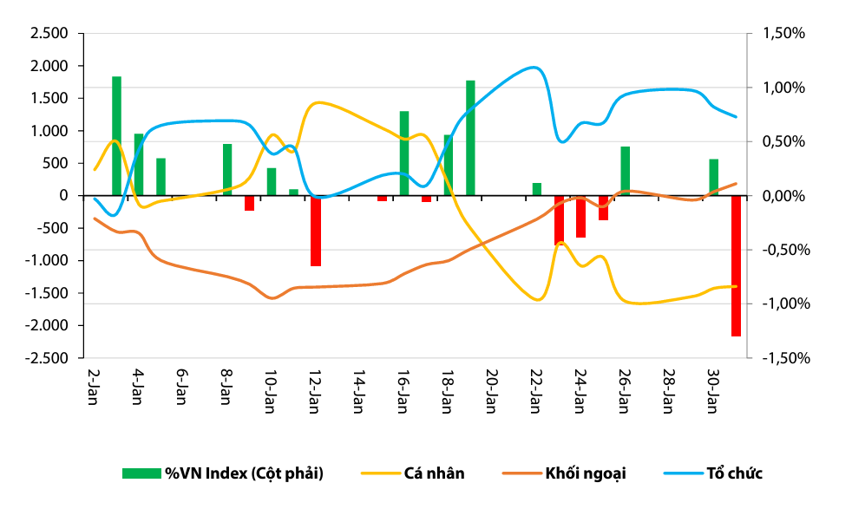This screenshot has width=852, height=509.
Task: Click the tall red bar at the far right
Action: click(736, 265)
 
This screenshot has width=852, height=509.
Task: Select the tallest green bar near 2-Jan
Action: click(116, 136)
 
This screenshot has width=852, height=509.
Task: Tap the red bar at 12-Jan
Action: click(316, 231)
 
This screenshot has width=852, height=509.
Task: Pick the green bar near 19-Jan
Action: click(470, 138)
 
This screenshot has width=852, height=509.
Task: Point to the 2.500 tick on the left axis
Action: click(49, 34)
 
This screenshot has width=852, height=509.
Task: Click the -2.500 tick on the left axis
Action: click(47, 358)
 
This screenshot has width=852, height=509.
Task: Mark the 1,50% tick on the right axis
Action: click(784, 34)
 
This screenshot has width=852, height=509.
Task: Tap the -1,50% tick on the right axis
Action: click(783, 358)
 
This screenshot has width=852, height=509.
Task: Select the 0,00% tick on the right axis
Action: click(784, 196)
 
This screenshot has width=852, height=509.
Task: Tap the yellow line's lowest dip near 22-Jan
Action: click(537, 300)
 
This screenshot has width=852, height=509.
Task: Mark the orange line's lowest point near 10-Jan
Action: click(272, 298)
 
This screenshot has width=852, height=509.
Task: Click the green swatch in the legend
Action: click(141, 473)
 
